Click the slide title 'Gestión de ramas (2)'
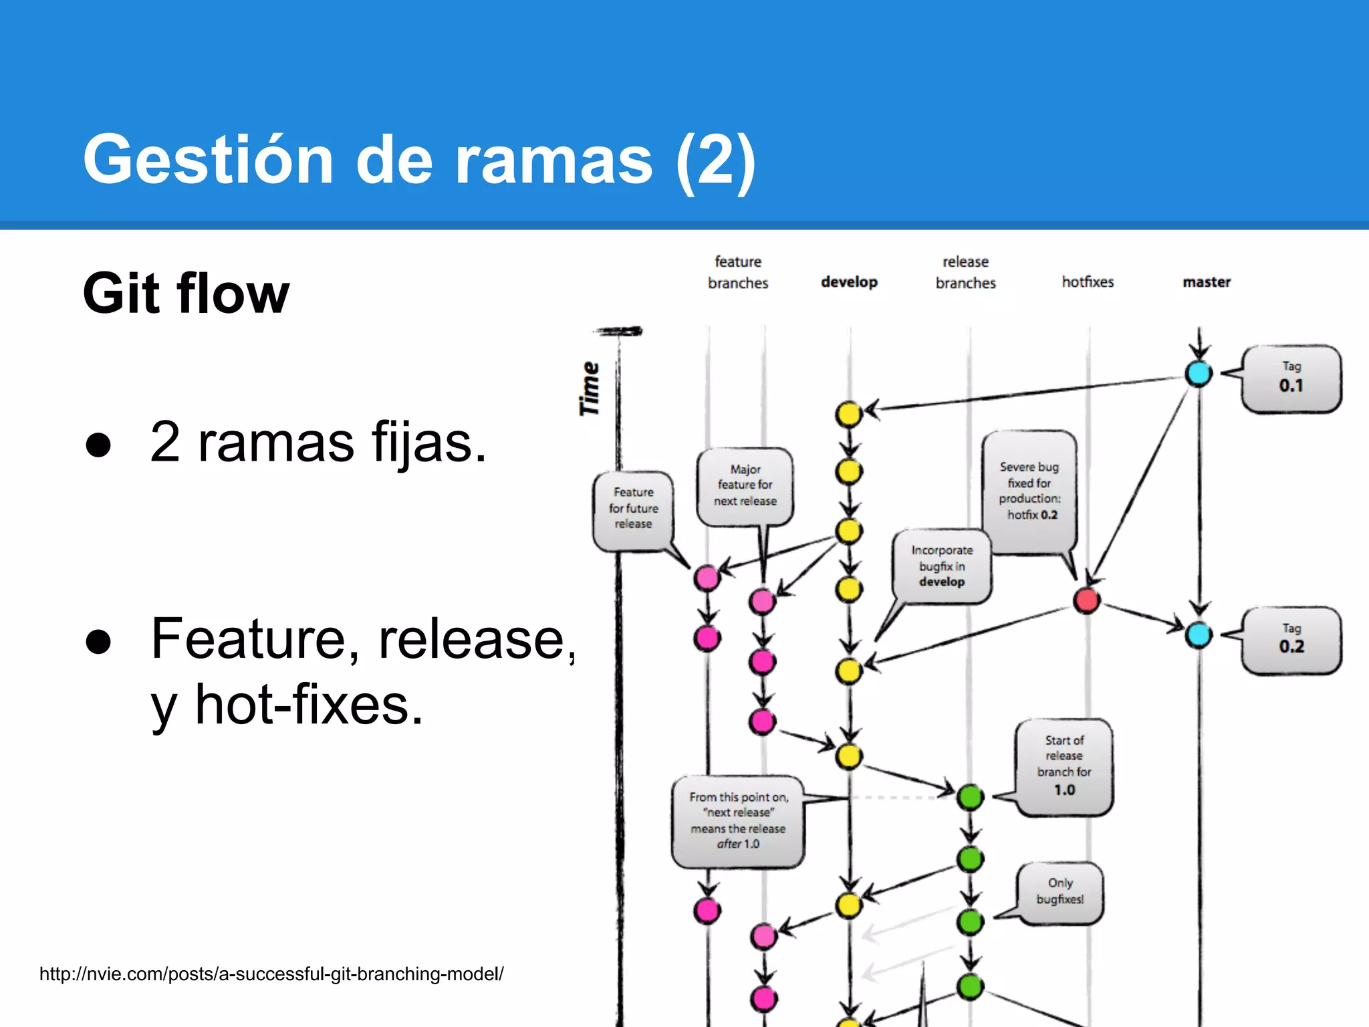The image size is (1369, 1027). coord(419,160)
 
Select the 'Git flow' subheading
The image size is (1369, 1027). coord(186,294)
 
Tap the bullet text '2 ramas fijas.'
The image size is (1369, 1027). coord(318,442)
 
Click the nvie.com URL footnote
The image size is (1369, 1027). coord(271,974)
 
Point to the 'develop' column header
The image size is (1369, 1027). coord(849,282)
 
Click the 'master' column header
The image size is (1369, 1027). coord(1206,282)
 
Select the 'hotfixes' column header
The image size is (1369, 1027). coord(1088,282)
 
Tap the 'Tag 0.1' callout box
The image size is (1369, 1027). coord(1291,378)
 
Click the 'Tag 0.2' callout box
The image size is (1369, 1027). coord(1291,640)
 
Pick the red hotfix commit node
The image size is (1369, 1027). coord(1086,600)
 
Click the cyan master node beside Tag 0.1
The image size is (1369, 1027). coord(1199,373)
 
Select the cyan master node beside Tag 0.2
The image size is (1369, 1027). coord(1199,635)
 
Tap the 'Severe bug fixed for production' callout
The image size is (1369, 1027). coord(1029,491)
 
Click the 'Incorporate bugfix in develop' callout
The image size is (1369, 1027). coord(942,566)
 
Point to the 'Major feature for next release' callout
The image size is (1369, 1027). coord(745,485)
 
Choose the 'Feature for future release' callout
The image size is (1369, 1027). coord(633,508)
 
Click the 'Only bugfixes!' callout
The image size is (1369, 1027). coord(1060,891)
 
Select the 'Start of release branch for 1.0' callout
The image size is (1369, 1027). coord(1064,766)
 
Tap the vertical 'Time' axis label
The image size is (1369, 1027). coord(590,388)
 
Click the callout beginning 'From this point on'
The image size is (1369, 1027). coord(738,820)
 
